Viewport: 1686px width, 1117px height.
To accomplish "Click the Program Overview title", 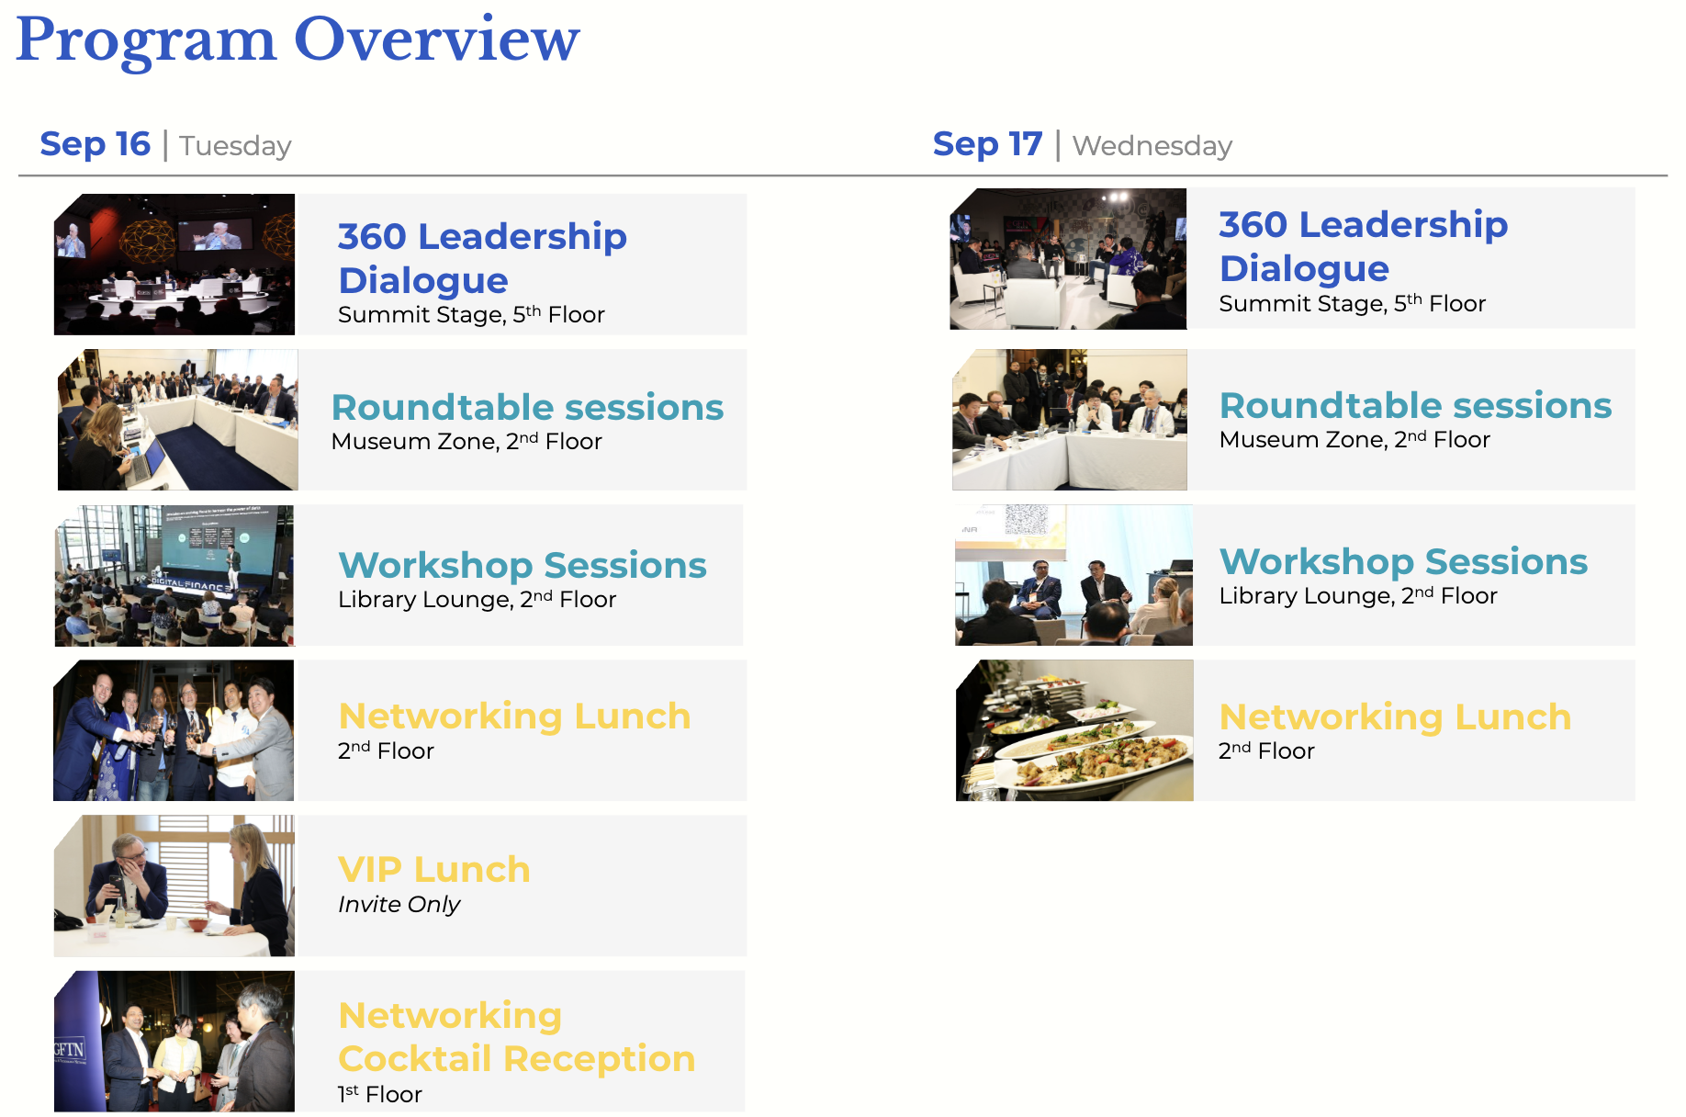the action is [298, 41].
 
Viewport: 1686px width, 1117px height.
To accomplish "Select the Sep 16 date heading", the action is [95, 144].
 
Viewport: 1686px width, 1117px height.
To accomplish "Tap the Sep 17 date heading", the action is [987, 144].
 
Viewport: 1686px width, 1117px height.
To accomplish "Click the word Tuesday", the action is [235, 146].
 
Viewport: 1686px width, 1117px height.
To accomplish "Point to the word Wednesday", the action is [1152, 146].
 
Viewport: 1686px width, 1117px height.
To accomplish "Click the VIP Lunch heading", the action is [434, 869].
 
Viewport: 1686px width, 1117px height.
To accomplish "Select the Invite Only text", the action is [399, 905].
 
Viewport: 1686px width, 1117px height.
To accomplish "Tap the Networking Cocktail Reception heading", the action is [516, 1037].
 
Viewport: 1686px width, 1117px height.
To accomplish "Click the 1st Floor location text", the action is [380, 1094].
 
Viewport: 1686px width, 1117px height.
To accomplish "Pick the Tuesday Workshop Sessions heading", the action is [523, 565].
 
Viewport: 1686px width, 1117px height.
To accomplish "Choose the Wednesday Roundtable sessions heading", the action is [1415, 405].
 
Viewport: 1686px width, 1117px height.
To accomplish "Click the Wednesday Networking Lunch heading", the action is [1395, 716].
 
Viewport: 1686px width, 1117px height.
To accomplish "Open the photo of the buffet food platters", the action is [1074, 730].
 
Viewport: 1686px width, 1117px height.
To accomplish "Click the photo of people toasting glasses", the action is [174, 730].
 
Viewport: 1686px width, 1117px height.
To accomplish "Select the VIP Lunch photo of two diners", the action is [174, 886].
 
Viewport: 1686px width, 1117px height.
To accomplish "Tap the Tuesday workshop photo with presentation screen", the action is [174, 575].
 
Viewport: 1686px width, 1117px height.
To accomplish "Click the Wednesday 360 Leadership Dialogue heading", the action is [1363, 246].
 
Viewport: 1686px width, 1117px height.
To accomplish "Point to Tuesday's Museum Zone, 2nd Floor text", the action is [466, 441].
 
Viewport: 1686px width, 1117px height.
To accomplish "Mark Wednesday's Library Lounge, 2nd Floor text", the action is [1358, 595].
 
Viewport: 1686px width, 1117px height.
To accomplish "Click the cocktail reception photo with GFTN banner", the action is [174, 1041].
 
